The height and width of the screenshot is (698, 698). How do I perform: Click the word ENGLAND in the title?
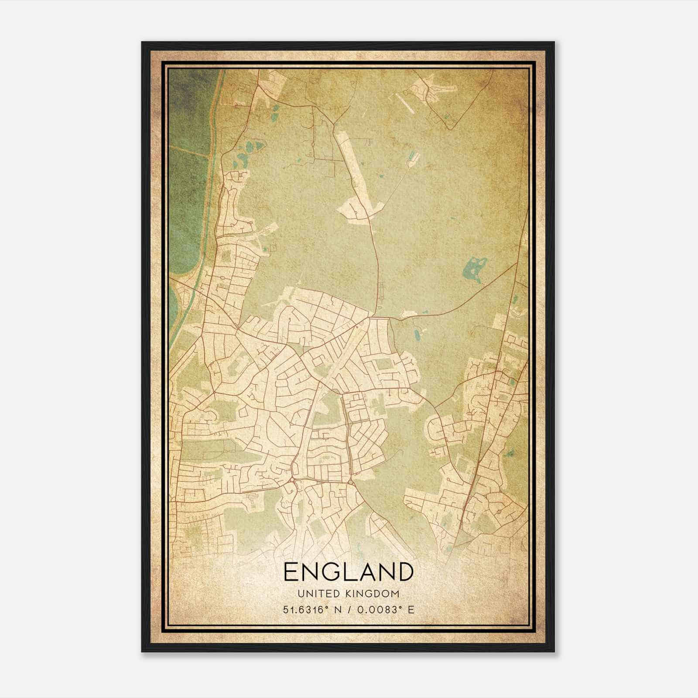(349, 571)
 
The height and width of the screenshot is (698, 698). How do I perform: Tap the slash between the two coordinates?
(349, 609)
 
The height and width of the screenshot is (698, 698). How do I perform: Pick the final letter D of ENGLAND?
(405, 571)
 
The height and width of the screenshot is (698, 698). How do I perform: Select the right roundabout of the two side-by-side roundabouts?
(351, 482)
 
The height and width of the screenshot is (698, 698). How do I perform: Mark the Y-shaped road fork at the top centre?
(334, 124)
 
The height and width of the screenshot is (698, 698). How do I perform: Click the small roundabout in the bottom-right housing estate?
(498, 511)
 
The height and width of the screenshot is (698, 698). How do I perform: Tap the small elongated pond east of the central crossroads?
(417, 334)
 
